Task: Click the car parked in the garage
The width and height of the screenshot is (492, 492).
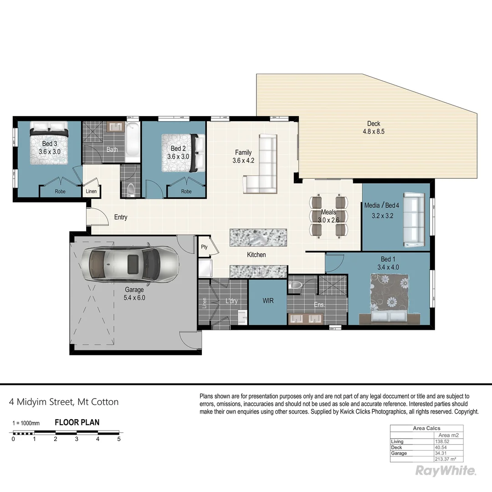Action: pyautogui.click(x=128, y=265)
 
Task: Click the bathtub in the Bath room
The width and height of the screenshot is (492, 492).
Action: pyautogui.click(x=133, y=142)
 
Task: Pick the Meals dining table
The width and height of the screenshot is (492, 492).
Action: pyautogui.click(x=328, y=216)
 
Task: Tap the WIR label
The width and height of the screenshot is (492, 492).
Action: pyautogui.click(x=268, y=301)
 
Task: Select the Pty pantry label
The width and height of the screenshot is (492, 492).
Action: pyautogui.click(x=204, y=247)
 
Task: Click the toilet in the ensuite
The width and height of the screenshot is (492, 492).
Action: pyautogui.click(x=296, y=286)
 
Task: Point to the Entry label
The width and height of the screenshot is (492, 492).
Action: pyautogui.click(x=121, y=217)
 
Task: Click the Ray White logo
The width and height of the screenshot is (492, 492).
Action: pyautogui.click(x=446, y=471)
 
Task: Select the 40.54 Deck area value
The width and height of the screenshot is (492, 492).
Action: pyautogui.click(x=441, y=447)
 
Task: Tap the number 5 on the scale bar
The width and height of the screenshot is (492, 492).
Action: pyautogui.click(x=119, y=439)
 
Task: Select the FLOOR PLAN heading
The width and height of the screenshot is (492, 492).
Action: pyautogui.click(x=77, y=422)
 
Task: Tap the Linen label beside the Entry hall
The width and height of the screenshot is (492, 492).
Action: pyautogui.click(x=91, y=191)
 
